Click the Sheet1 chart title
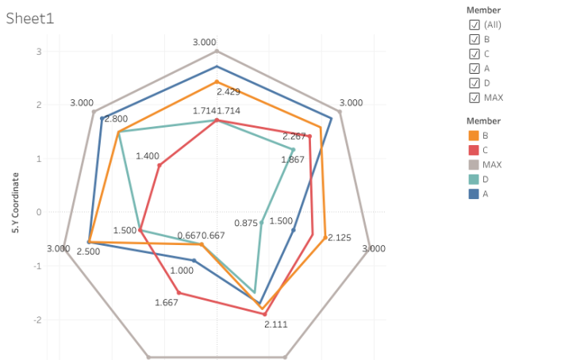pos(30,18)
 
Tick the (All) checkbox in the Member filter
pos(474,25)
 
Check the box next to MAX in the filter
pos(474,98)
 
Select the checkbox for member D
pos(474,82)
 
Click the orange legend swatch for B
pos(474,136)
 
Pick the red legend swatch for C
pos(474,150)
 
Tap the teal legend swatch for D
pos(474,179)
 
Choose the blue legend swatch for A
pos(474,193)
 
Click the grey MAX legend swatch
pos(474,164)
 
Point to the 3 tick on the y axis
pos(39,52)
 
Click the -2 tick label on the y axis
pos(36,320)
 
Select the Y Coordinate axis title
pos(15,203)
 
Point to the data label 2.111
pos(276,324)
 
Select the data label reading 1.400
pos(148,156)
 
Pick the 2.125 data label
pos(340,238)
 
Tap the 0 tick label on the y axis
pos(39,212)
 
